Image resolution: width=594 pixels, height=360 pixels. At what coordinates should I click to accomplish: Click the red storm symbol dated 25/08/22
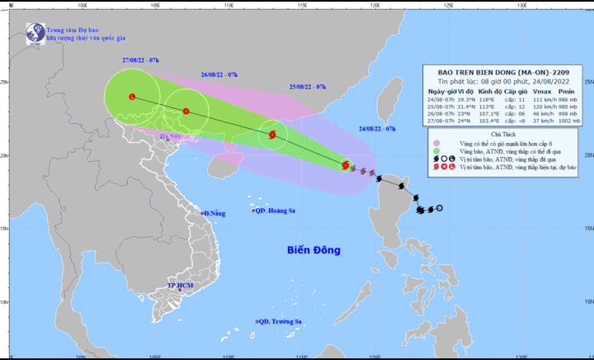(273, 134)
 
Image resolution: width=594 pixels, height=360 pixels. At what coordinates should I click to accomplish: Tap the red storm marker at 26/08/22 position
(186, 111)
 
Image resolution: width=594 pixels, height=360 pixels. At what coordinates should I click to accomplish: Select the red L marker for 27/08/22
(132, 97)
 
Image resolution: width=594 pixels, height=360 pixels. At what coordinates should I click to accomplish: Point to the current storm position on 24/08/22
(345, 165)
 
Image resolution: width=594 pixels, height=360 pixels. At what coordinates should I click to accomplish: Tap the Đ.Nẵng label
(214, 214)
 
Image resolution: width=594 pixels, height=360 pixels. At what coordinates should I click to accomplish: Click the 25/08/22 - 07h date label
(308, 86)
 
